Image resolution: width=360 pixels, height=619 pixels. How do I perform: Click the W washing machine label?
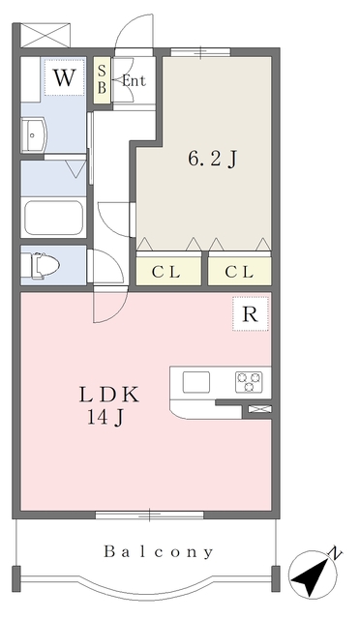(x=64, y=78)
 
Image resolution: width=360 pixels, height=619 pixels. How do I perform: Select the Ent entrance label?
(x=133, y=81)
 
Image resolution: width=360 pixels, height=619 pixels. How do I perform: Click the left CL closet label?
(x=168, y=272)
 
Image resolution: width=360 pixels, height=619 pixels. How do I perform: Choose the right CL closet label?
(x=239, y=272)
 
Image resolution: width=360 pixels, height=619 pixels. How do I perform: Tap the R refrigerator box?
(x=250, y=313)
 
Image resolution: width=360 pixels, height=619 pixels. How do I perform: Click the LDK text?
(x=110, y=395)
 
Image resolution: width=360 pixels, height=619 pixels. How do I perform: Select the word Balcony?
(x=159, y=552)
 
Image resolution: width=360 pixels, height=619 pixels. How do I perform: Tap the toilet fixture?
(x=45, y=264)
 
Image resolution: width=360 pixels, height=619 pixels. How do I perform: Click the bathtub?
(x=54, y=218)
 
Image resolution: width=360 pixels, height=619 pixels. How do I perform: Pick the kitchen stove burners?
(x=249, y=382)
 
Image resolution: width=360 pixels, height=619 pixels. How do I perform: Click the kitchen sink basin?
(x=197, y=382)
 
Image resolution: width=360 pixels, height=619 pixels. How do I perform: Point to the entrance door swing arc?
(x=134, y=35)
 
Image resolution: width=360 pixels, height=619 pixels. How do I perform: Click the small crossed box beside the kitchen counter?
(x=258, y=410)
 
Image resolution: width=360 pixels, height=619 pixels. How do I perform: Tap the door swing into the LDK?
(x=105, y=308)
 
